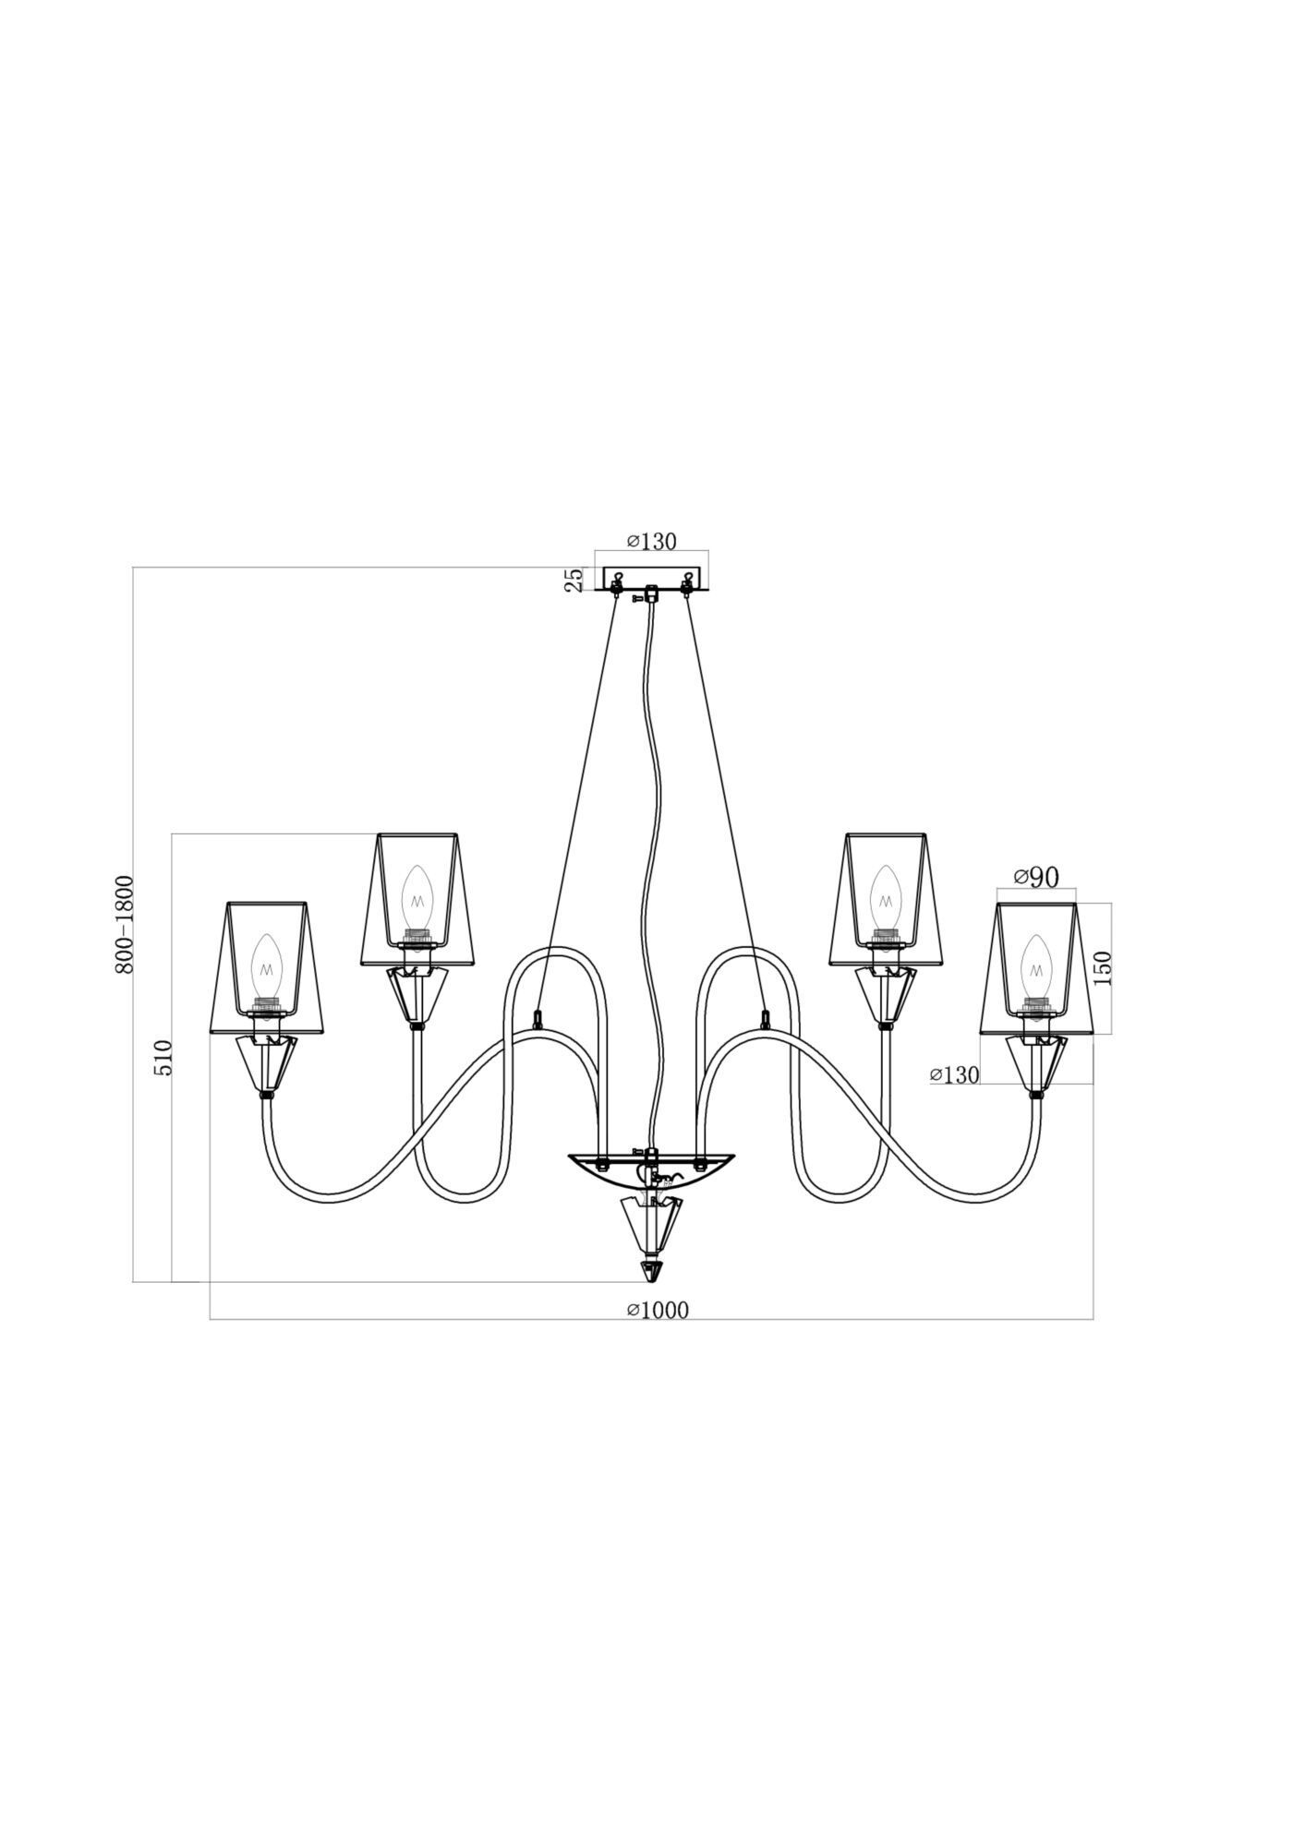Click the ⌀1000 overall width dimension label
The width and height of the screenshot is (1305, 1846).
[658, 1310]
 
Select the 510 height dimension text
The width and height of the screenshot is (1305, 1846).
[163, 1057]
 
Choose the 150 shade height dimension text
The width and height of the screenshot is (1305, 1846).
[1103, 967]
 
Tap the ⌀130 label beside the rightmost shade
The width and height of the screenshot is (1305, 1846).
[954, 1074]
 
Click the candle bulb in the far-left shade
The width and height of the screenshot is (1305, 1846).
[267, 969]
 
